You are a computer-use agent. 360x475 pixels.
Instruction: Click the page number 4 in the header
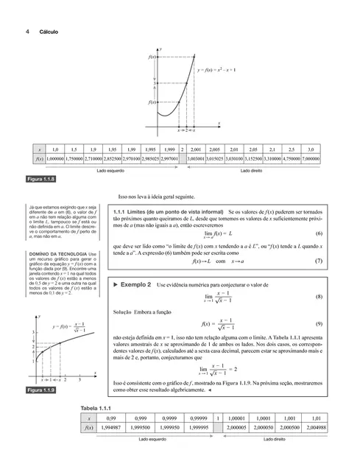pos(27,32)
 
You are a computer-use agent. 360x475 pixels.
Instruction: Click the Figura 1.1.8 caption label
pos(40,179)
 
